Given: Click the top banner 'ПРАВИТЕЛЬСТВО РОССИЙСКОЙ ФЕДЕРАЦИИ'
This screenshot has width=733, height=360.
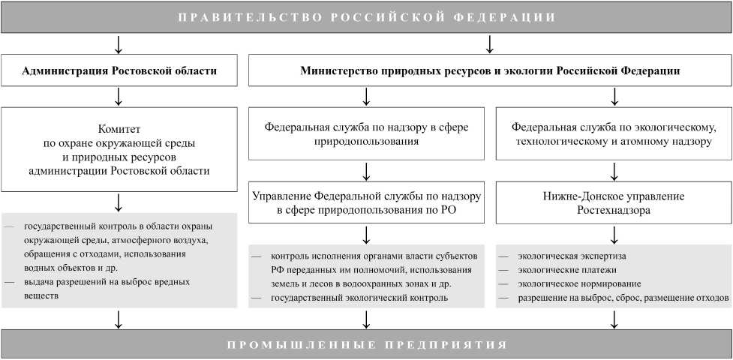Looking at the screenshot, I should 366,16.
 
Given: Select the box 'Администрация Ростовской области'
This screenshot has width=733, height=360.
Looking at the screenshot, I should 119,71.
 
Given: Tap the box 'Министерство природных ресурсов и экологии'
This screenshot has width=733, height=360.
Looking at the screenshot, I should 490,71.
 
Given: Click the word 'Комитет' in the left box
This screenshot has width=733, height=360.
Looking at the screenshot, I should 119,128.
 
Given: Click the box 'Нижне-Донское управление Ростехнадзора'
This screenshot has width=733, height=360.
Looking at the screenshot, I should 614,204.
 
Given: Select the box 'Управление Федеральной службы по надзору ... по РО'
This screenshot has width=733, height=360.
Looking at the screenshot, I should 366,204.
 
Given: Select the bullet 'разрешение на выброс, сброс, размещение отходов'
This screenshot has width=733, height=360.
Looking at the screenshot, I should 622,298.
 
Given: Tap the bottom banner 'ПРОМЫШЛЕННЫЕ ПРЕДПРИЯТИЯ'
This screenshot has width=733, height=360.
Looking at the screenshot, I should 366,345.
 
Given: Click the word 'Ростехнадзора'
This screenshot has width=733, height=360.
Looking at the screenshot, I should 614,212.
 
